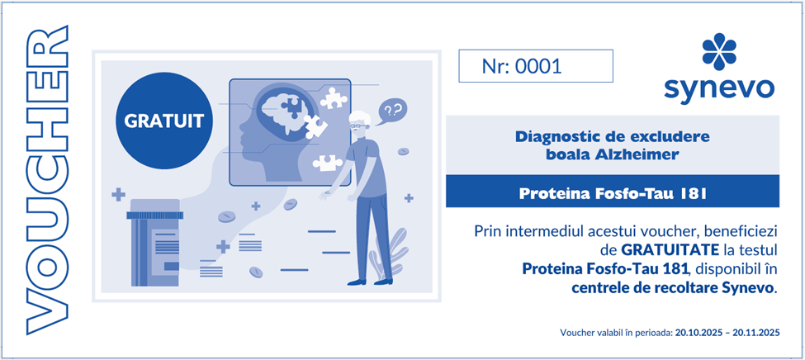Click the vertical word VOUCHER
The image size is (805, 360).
coord(47,180)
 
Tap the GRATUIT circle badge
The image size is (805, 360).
coord(164,121)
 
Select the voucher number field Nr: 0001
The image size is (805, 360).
coord(536,66)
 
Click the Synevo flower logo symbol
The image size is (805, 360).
coord(719,51)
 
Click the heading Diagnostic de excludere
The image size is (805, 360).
coord(612,137)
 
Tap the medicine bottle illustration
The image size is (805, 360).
coord(155,243)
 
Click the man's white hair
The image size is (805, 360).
coord(362,116)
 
